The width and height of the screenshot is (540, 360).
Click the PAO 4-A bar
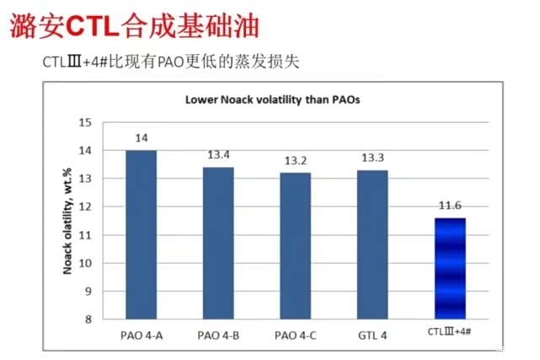coord(142,234)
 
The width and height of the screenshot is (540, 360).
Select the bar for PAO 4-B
coord(218,243)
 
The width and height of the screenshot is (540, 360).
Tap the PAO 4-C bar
coord(295,245)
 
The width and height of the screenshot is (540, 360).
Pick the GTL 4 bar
coord(372,244)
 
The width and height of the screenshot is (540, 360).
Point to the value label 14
coord(142,137)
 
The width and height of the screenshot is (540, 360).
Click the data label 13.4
coord(218,154)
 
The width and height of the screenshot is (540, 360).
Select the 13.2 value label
coord(295,160)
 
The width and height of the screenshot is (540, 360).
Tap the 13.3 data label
coord(372,158)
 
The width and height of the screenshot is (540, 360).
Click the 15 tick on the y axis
coord(84,122)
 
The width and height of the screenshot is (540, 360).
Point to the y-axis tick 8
coord(87,320)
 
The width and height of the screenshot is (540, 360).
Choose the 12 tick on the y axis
coord(84,207)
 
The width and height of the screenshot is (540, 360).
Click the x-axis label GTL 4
coord(372,335)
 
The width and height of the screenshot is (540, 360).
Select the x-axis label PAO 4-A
coord(142,335)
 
